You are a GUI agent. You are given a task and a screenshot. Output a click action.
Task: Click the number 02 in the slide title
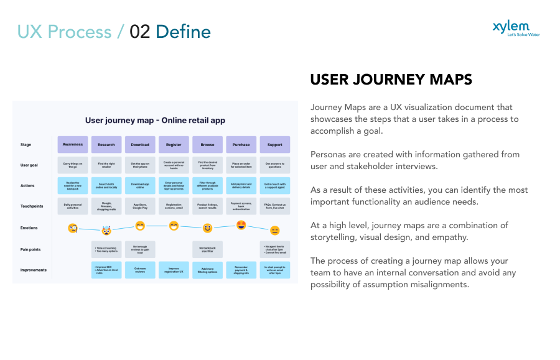140,32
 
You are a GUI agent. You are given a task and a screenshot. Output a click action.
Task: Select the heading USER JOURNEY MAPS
391,80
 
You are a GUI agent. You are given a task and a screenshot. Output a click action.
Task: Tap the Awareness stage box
73,145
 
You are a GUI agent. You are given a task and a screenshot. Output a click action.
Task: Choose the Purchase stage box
241,145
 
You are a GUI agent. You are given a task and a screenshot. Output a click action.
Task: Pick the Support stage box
274,145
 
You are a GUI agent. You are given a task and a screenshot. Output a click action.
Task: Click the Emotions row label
29,228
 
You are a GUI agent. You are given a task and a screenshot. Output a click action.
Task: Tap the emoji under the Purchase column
241,224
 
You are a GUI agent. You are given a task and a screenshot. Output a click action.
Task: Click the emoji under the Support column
274,231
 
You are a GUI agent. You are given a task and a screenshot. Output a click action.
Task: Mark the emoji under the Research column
106,231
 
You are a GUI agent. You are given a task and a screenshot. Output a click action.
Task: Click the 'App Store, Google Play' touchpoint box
140,206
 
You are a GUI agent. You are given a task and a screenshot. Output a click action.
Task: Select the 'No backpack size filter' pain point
207,249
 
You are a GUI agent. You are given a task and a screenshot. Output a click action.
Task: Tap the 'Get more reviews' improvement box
140,270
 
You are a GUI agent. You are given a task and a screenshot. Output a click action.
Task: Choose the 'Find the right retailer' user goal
106,165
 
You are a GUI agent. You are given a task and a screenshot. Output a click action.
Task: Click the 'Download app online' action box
140,185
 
